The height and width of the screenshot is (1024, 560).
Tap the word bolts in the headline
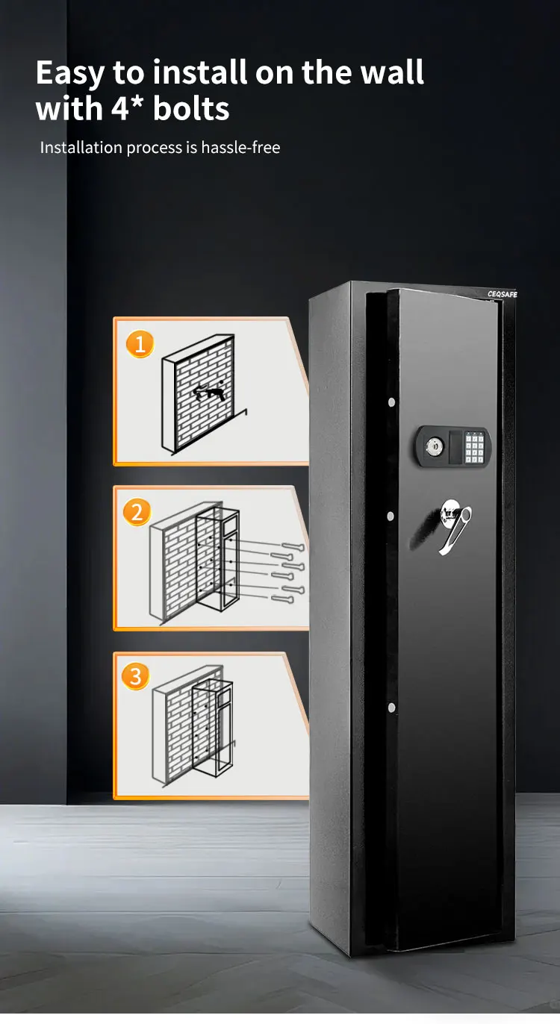coord(191,109)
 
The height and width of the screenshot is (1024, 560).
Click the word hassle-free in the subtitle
coord(240,148)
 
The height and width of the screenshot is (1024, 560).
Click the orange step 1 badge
coord(140,344)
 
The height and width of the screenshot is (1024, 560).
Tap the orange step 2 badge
coord(137,512)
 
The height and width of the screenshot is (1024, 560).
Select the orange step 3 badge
coord(136,676)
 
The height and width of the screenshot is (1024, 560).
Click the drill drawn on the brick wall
coord(208,392)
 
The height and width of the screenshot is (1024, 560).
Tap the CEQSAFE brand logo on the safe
coord(502,294)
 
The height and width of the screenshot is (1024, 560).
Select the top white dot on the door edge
coord(391,402)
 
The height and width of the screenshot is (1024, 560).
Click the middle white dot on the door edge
coord(390,516)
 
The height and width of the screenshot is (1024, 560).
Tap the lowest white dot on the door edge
coord(390,707)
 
